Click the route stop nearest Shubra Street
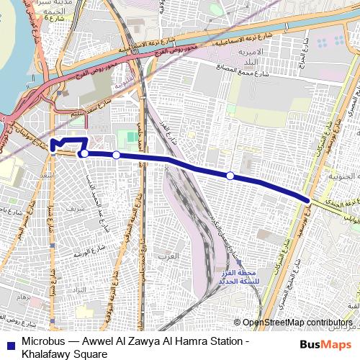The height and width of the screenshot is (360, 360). coord(84,153)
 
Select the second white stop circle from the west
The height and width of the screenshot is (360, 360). coord(116,155)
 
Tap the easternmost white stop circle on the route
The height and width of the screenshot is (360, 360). coord(230,176)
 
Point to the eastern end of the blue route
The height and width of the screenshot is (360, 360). coord(310,200)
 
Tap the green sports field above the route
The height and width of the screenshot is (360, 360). coord(127,136)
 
